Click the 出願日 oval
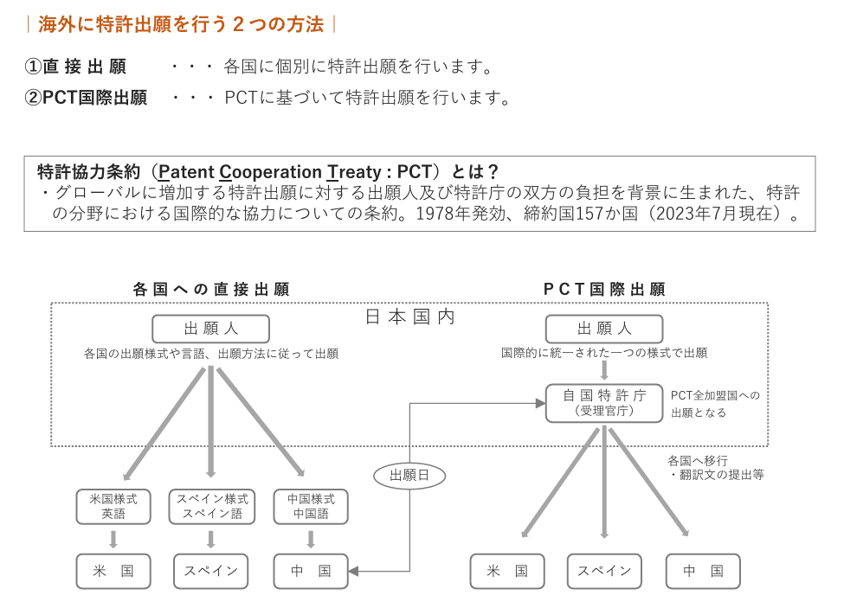409,475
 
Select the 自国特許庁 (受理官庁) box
604,403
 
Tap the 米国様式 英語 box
113,507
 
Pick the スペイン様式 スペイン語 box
211,507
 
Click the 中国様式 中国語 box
311,507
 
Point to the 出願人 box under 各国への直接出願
210,329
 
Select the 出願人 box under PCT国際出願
604,329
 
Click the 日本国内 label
409,317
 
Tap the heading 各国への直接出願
211,289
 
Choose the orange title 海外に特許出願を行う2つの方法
181,24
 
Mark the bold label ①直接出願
75,67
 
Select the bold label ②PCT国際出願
86,98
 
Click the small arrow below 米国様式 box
113,539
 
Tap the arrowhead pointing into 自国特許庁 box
540,403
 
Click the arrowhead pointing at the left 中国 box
354,571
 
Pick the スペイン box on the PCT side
604,571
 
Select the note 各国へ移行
698,461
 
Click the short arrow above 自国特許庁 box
604,371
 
